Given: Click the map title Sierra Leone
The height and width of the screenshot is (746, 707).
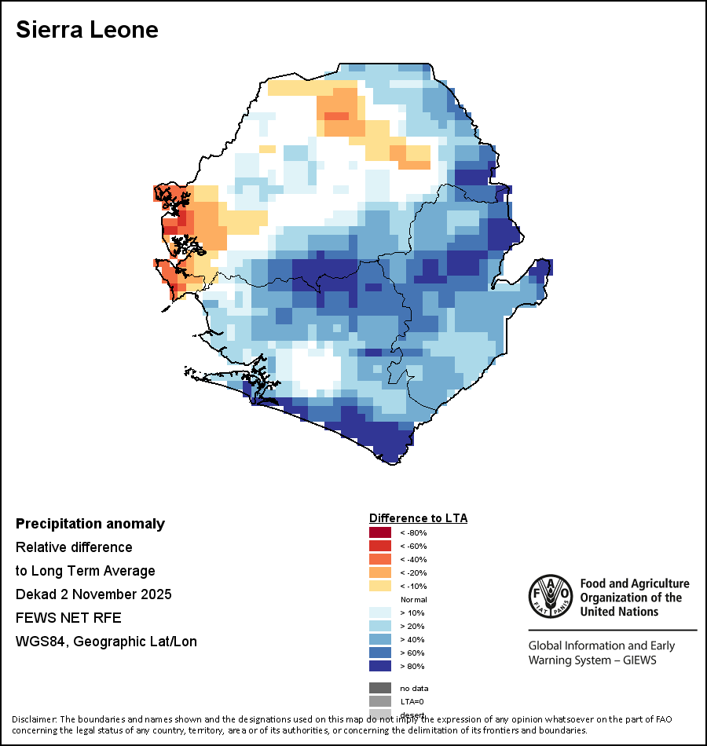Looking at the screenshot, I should pos(87,30).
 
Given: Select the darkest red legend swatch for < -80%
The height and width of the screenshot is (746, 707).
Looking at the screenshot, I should pos(379,532).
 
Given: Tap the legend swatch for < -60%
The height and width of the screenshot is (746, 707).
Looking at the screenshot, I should pos(379,546).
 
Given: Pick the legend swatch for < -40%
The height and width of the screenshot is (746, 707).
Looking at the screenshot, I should pos(379,559).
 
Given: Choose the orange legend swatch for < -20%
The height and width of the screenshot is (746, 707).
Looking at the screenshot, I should pos(379,572).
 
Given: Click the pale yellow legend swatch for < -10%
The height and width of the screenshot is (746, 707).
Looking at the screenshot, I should pos(379,586).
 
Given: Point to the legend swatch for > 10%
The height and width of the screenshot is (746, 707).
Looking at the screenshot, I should pos(379,613).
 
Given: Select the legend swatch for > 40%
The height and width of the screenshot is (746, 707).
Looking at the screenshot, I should pos(379,639).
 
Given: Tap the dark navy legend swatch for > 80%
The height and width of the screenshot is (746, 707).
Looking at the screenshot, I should pos(379,666).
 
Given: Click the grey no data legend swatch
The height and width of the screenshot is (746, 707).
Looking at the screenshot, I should pos(379,688).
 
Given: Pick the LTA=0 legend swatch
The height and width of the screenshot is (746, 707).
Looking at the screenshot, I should pos(379,701).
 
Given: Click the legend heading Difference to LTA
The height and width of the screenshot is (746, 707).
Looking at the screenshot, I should pos(418,518).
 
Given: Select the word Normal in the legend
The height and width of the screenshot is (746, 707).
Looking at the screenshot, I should pos(413,599).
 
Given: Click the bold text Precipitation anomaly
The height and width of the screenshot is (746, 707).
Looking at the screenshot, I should pos(90,524).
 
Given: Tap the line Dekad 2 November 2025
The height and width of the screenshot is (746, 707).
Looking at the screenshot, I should pos(93,594).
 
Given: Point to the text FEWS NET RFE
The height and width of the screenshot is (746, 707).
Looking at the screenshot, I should pos(68,617).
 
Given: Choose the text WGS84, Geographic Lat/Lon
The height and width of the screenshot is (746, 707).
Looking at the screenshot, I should pos(106,642).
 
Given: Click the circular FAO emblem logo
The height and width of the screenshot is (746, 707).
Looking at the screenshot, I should pos(550,598).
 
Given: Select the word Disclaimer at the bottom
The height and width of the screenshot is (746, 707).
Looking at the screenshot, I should pos(34,719).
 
